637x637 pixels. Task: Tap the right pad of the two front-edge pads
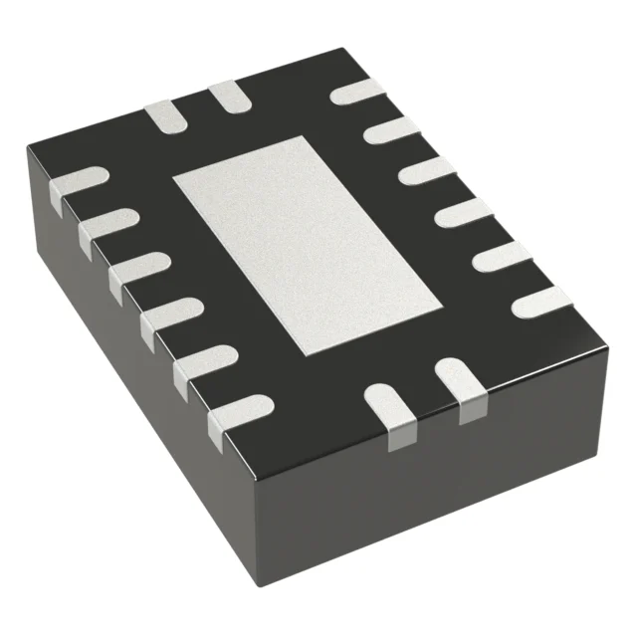(459, 384)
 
